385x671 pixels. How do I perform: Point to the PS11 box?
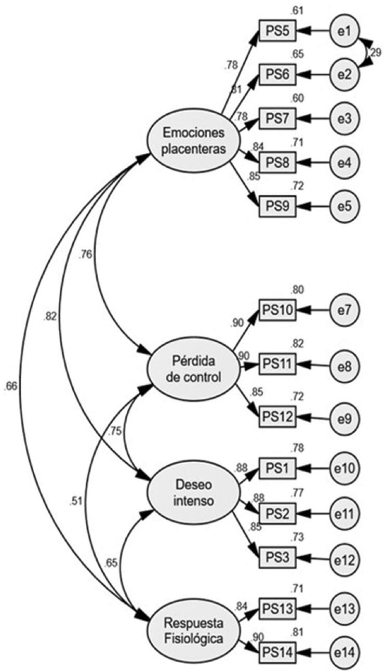click(278, 363)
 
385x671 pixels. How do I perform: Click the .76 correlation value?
click(87, 254)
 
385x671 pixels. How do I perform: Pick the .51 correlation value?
click(76, 502)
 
